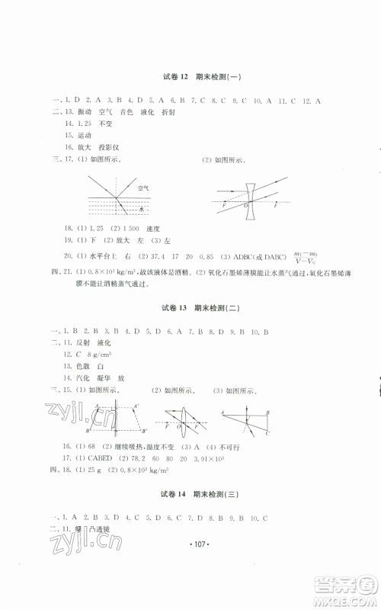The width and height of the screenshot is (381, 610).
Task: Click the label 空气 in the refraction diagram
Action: tap(143, 187)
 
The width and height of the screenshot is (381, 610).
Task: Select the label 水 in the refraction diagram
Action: tap(142, 207)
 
